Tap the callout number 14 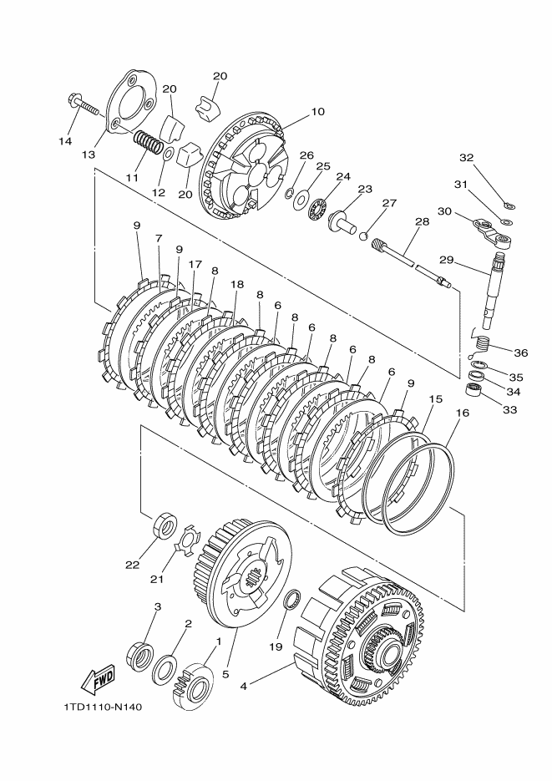[x=65, y=141]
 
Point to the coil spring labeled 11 [x=149, y=141]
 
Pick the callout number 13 [x=89, y=155]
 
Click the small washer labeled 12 [x=168, y=155]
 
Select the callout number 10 [x=317, y=111]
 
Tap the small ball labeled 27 [x=363, y=235]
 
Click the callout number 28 [x=422, y=221]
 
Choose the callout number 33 [x=509, y=410]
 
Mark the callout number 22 [x=133, y=565]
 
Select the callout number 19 [x=276, y=647]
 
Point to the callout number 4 [x=243, y=686]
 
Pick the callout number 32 [x=466, y=158]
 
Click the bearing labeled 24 [x=317, y=209]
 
